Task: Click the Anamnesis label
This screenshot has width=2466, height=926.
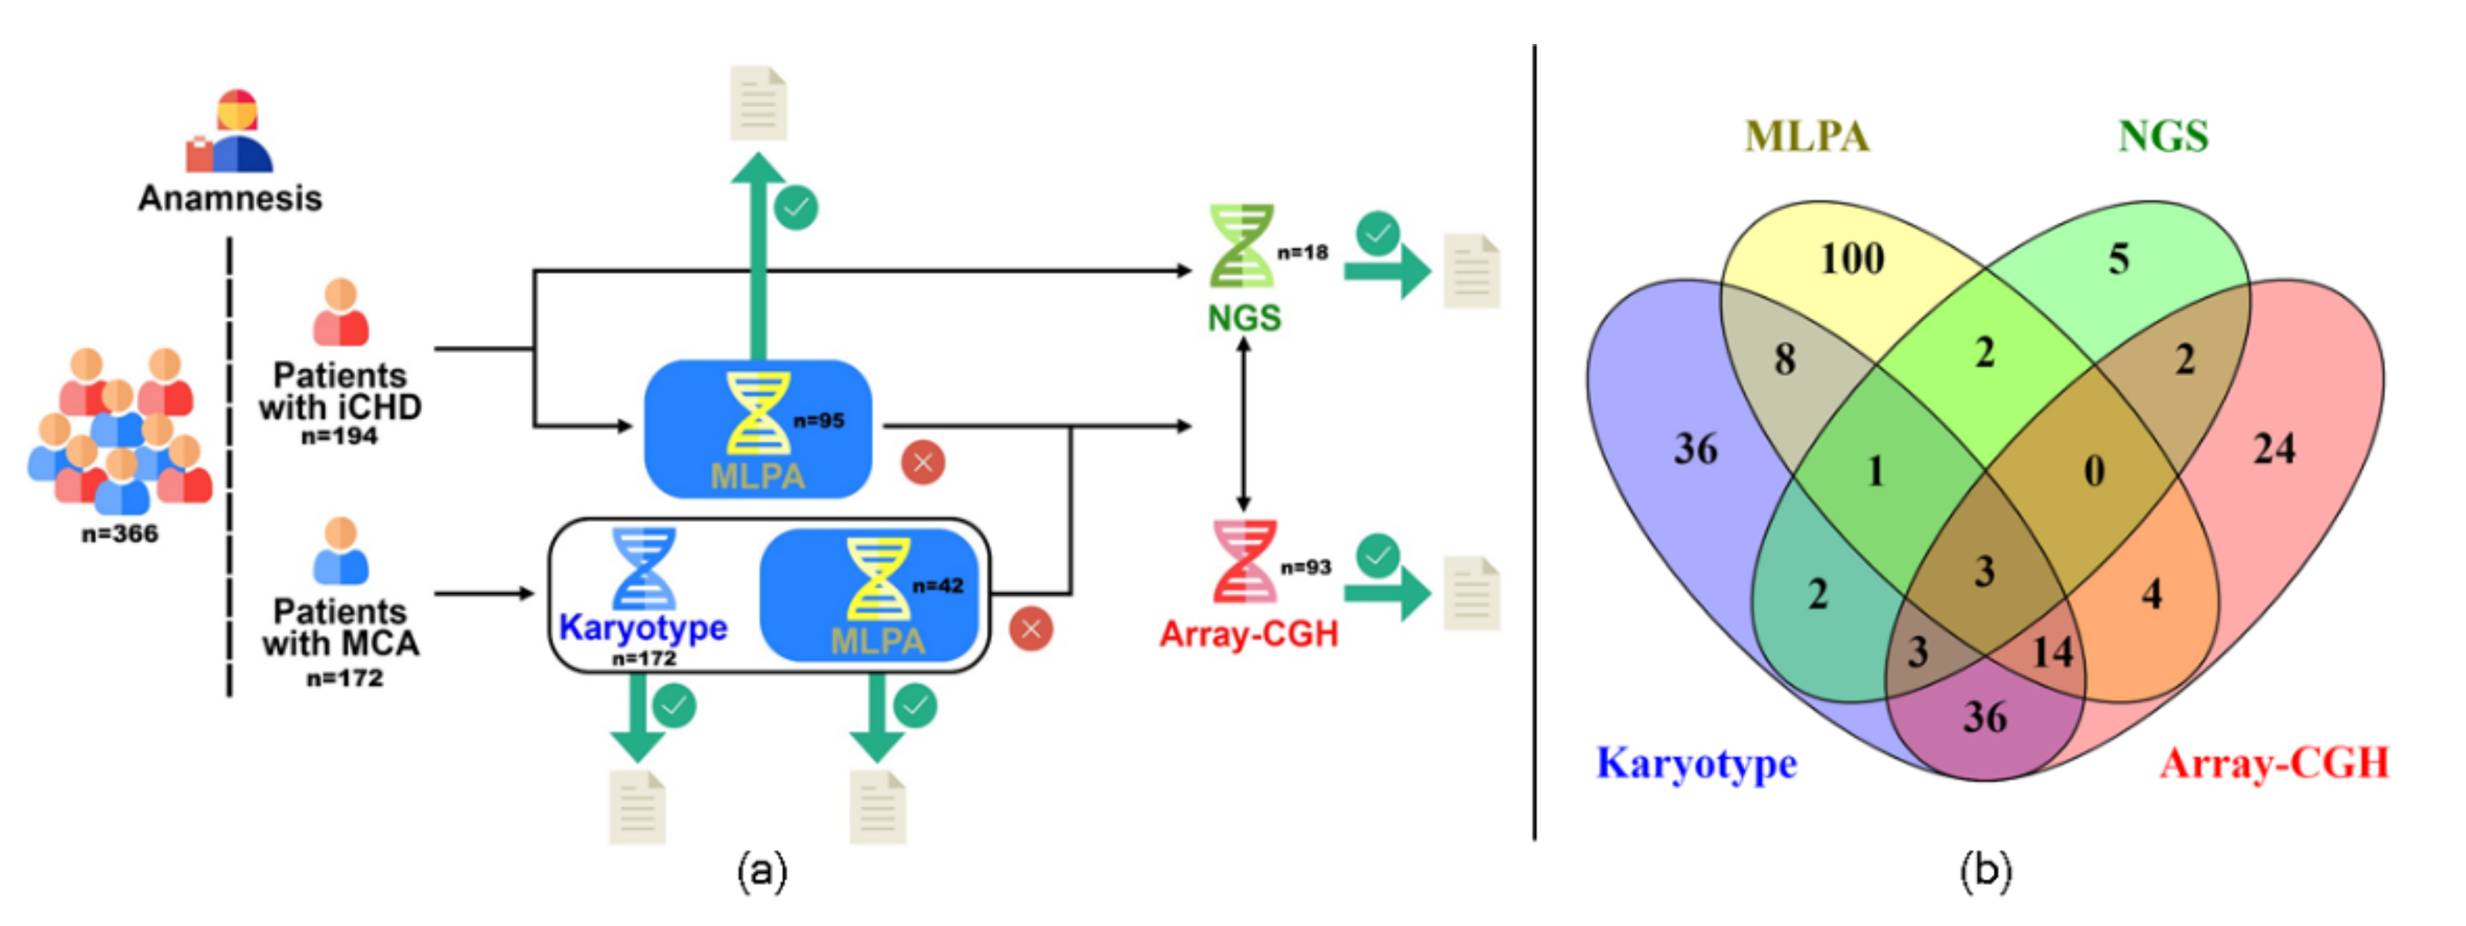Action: [230, 198]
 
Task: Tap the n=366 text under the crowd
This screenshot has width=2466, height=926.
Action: [120, 534]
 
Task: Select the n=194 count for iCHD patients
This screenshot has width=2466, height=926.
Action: [339, 436]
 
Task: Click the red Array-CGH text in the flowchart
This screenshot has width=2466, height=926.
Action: [1248, 634]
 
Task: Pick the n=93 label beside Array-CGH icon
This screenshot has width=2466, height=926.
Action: [1306, 567]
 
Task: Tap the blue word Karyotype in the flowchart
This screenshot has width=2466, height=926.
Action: [643, 628]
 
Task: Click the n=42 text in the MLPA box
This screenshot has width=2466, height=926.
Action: [937, 586]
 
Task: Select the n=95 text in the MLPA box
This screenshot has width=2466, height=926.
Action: [819, 421]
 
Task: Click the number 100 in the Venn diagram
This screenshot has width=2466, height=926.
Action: [1851, 258]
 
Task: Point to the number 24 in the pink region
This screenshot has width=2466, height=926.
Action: [2274, 448]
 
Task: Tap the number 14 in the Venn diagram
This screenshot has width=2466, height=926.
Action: [2052, 653]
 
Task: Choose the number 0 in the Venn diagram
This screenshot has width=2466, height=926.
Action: [2094, 470]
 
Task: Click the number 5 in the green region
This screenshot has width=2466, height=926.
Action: [2119, 258]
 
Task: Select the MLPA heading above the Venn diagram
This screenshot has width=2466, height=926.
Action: [1806, 136]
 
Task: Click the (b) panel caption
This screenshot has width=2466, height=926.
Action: [1986, 871]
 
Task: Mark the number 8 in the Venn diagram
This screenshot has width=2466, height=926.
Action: [1784, 359]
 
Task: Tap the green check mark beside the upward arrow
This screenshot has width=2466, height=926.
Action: [796, 208]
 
